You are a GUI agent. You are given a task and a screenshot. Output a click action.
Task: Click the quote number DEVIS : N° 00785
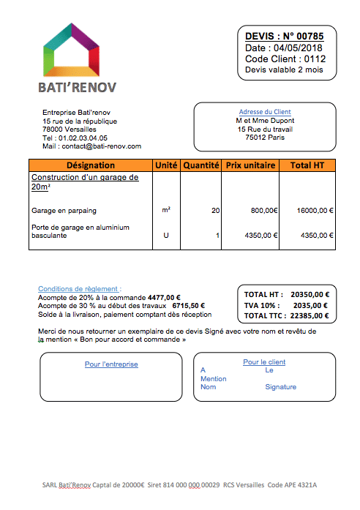(285, 36)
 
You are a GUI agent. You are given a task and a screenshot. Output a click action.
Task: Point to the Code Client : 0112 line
(285, 59)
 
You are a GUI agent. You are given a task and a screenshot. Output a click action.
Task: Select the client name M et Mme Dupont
(265, 120)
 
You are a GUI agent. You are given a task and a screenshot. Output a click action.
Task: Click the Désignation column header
(90, 165)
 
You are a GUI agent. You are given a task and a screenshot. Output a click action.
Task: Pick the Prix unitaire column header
(251, 165)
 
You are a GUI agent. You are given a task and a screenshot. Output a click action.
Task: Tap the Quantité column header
(201, 165)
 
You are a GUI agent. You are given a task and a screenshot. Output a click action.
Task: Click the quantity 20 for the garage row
(215, 211)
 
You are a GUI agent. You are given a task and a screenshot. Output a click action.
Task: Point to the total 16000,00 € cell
(315, 211)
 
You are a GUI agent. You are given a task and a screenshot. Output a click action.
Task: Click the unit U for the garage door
(166, 236)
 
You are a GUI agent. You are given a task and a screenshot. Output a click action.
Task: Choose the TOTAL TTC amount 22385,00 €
(310, 316)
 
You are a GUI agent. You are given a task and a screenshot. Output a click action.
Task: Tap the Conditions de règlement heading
(80, 289)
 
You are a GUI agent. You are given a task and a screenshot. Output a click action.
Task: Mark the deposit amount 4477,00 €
(164, 298)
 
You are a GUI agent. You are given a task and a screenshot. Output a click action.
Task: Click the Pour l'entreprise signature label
(111, 364)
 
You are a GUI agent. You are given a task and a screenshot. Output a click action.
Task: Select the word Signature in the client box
(281, 387)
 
